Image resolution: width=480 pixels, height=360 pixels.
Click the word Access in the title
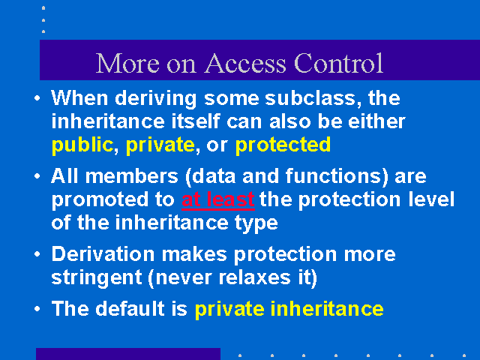[245, 63]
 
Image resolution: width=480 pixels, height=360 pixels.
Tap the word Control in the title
[338, 63]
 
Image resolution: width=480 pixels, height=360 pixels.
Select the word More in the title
[127, 63]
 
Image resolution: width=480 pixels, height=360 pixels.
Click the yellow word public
[82, 145]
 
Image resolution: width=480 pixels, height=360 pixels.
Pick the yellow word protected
[283, 145]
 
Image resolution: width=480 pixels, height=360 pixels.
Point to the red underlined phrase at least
[218, 199]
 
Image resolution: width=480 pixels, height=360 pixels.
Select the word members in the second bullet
[132, 176]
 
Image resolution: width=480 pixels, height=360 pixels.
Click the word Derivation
[103, 254]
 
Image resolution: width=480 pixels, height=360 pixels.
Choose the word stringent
[97, 278]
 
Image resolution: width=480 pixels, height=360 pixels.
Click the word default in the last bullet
[130, 308]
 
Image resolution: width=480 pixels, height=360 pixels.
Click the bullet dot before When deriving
[37, 98]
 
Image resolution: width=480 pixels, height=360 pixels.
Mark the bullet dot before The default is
[37, 308]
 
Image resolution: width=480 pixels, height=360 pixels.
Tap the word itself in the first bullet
[195, 121]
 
